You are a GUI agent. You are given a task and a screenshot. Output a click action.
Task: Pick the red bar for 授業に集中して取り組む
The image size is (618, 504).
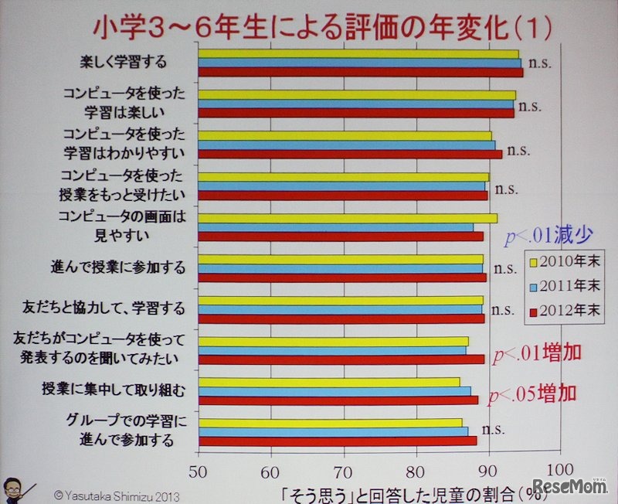pyautogui.click(x=338, y=400)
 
